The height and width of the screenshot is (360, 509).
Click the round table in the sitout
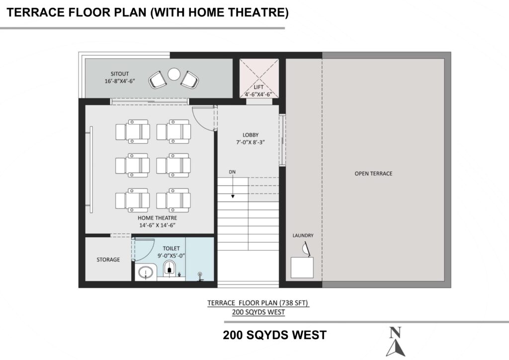click(174, 74)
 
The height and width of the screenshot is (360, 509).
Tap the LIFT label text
click(258, 87)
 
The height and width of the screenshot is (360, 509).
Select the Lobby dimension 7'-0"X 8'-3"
click(251, 142)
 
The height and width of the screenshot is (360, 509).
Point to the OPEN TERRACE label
click(373, 174)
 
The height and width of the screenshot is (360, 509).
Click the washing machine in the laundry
click(302, 268)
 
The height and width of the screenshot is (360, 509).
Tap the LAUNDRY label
click(303, 235)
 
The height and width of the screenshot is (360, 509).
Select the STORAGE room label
click(108, 260)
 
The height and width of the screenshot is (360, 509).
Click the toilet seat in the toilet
click(169, 269)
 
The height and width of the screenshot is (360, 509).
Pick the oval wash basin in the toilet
click(146, 272)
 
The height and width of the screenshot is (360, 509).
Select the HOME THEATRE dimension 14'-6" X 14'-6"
click(158, 225)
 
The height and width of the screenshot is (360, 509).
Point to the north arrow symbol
click(396, 342)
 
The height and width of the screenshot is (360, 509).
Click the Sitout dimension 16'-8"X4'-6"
click(119, 81)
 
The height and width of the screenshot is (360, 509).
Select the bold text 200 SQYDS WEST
click(274, 335)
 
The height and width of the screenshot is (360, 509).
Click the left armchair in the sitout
click(157, 80)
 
